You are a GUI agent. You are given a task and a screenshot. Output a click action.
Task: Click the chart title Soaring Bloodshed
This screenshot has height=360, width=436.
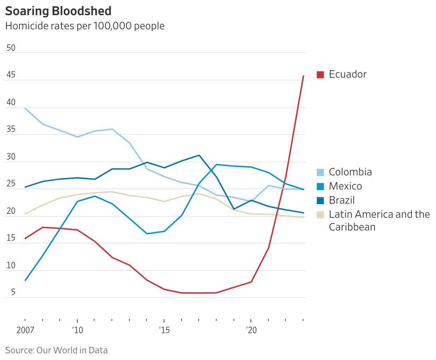[x=58, y=11]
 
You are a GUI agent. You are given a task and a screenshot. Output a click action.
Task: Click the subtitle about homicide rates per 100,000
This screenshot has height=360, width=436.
[x=85, y=26]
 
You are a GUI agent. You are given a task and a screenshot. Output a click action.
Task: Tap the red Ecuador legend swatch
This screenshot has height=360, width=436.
[x=320, y=74]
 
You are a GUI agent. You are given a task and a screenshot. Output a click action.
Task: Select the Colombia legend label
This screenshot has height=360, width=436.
[x=350, y=172]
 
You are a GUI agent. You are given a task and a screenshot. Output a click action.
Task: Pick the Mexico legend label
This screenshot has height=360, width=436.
[x=345, y=186]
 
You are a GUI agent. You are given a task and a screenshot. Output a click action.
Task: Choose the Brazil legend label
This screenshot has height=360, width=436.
[x=341, y=200]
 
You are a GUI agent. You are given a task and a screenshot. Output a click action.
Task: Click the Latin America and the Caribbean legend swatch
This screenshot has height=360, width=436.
[x=320, y=215]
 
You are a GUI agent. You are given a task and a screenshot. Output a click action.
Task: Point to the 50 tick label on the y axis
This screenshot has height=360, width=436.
[x=11, y=48]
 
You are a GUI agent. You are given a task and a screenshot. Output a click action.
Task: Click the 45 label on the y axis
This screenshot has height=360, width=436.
[x=11, y=75]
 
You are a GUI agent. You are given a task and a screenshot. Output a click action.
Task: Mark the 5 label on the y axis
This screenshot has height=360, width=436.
[x=13, y=292]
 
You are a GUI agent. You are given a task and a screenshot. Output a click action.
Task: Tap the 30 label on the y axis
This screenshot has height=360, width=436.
[x=11, y=157]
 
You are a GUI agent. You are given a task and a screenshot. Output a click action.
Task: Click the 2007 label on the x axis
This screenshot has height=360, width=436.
[x=25, y=330]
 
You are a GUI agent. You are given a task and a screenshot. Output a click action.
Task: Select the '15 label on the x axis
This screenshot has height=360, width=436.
[x=164, y=330]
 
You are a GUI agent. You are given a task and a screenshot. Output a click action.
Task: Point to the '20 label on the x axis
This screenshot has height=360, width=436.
[x=251, y=330]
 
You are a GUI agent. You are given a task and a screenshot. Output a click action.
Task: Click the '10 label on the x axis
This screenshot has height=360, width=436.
[x=77, y=330]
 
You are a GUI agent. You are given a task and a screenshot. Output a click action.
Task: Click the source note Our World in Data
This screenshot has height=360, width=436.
[x=56, y=350]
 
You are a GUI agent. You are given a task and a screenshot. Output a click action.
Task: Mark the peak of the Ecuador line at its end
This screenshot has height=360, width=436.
[x=303, y=76]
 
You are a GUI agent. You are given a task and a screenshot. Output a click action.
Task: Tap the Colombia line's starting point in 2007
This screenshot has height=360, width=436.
[x=25, y=108]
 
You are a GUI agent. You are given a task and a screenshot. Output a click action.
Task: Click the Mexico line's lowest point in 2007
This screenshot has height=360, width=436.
[x=25, y=281]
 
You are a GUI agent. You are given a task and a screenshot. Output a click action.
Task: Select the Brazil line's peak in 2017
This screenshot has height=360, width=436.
[x=199, y=155]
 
